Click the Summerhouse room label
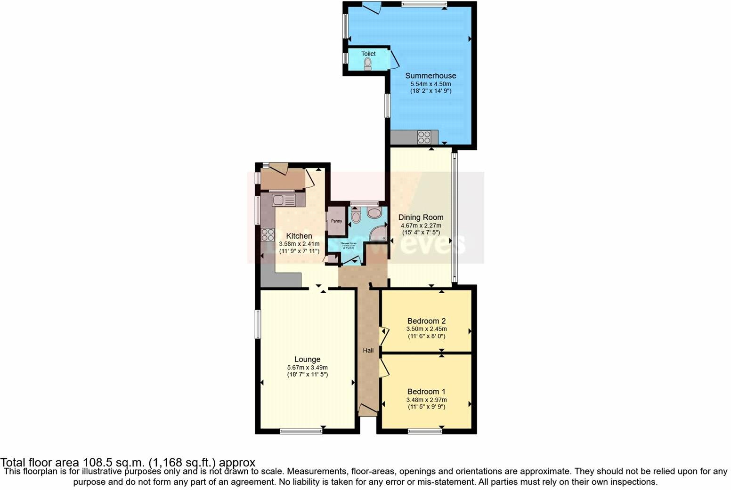coord(430,75)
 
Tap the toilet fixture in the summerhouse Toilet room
coord(368,64)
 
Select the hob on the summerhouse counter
coord(423,137)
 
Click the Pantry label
coord(336,221)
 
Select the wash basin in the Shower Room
coord(375,214)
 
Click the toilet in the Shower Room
coord(356,216)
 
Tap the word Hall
coord(368,350)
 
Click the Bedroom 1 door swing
coord(384,367)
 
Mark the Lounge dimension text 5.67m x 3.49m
coord(307,368)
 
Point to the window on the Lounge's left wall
coord(258,324)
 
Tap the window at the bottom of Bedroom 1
coord(425,430)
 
